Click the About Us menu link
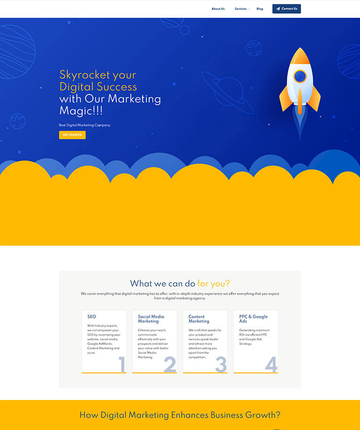point(218,9)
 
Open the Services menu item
point(241,9)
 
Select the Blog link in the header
point(260,9)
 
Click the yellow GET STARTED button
point(72,135)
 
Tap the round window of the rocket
point(300,76)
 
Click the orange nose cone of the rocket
point(300,56)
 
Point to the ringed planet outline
point(228,92)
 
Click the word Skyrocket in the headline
point(85,75)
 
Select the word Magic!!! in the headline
point(81,111)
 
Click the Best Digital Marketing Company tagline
point(84,125)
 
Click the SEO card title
point(92,316)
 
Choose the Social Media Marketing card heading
point(151,319)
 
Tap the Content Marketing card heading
point(199,319)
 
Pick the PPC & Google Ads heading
point(253,319)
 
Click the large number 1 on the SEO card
point(122,364)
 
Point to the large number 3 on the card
point(221,364)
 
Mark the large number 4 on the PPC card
point(271,364)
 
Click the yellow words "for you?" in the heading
point(214,284)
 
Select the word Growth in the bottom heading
point(261,415)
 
